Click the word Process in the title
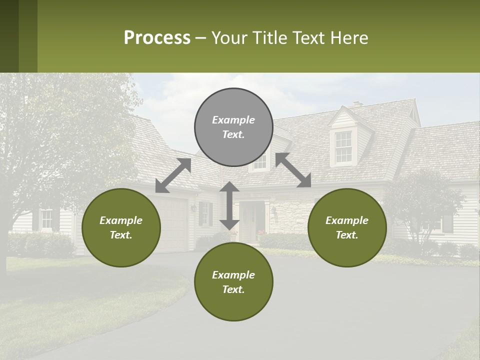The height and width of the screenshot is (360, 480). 157,38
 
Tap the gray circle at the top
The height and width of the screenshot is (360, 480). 233,127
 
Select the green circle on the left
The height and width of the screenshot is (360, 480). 121,227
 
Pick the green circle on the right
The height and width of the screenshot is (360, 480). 347,227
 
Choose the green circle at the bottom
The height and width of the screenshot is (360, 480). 233,281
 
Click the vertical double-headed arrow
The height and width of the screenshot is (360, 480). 229,205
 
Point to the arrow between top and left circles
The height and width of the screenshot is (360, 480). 173,175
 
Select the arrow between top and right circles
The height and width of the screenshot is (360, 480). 293,170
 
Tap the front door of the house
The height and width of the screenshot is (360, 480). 248,222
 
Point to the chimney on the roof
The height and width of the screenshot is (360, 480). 356,104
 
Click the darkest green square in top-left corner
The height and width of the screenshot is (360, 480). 9,36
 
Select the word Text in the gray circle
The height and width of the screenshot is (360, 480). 233,134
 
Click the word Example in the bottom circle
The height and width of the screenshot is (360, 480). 233,275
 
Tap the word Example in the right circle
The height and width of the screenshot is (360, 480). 347,220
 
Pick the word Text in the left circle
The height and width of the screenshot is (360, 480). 121,235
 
